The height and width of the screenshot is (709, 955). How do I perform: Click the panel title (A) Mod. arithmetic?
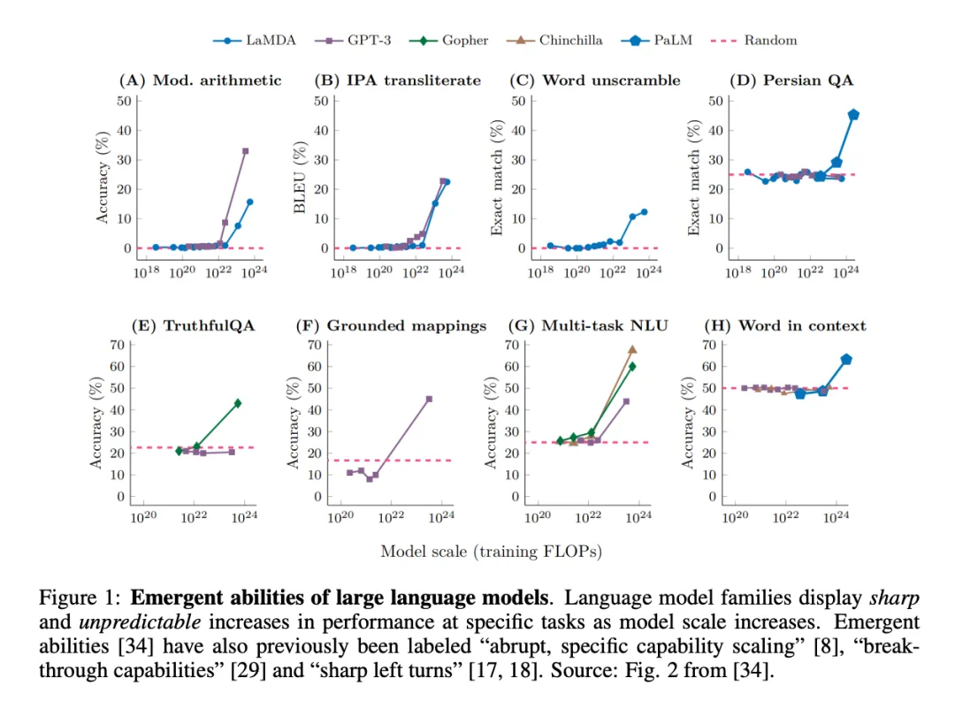click(x=200, y=80)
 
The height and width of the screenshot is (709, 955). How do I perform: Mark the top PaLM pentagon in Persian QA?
click(x=853, y=115)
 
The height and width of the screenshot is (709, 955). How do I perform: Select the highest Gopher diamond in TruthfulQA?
click(x=238, y=403)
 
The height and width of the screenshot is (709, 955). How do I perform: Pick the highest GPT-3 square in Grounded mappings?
click(x=429, y=399)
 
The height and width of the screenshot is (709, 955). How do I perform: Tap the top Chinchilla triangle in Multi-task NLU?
click(x=632, y=349)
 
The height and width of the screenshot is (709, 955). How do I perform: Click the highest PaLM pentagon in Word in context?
click(x=846, y=359)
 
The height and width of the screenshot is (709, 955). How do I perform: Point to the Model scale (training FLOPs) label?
click(x=491, y=552)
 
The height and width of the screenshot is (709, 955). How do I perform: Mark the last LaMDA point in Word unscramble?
click(x=644, y=212)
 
